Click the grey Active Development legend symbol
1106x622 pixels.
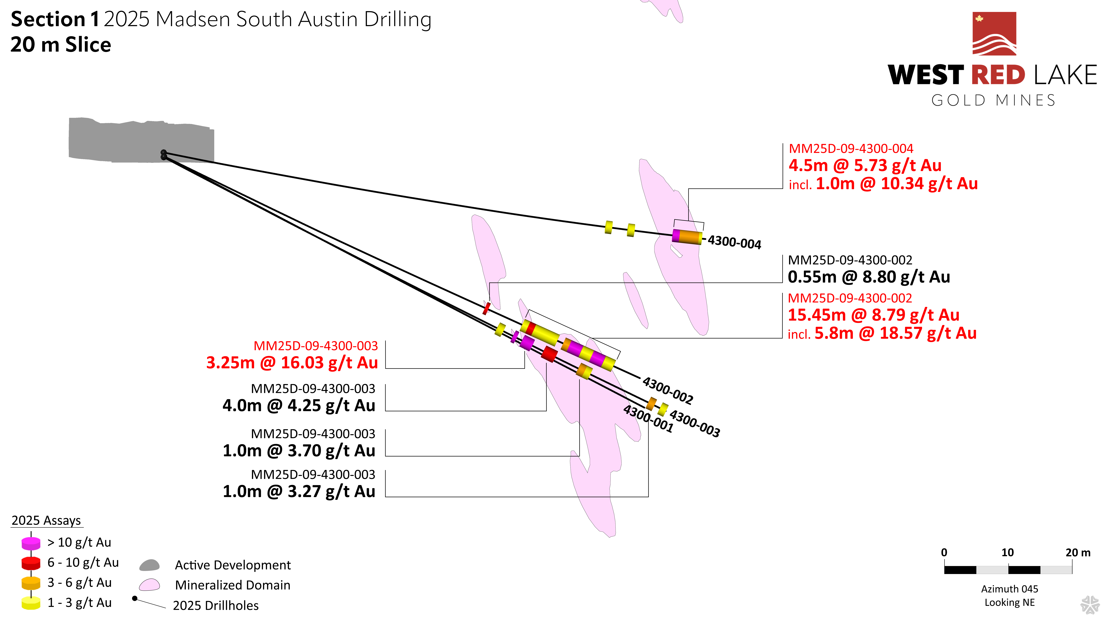[149, 565]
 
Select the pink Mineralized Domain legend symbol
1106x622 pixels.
[149, 585]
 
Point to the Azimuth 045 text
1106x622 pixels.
[1009, 589]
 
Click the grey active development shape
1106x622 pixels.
[129, 140]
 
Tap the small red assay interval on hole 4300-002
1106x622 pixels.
[486, 308]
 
